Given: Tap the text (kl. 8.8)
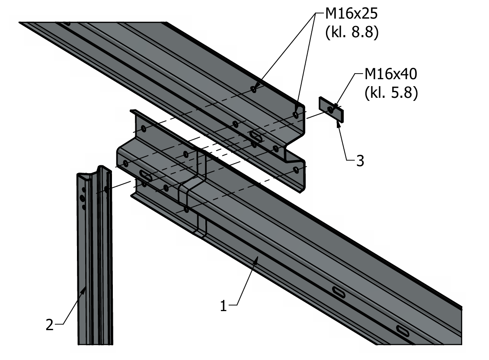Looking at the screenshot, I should pyautogui.click(x=352, y=33).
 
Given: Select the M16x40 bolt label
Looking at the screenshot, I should pyautogui.click(x=391, y=75).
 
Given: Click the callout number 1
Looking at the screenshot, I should pyautogui.click(x=224, y=306).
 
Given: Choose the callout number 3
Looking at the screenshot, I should pyautogui.click(x=359, y=161).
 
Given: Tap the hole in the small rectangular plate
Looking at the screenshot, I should pyautogui.click(x=331, y=109).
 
